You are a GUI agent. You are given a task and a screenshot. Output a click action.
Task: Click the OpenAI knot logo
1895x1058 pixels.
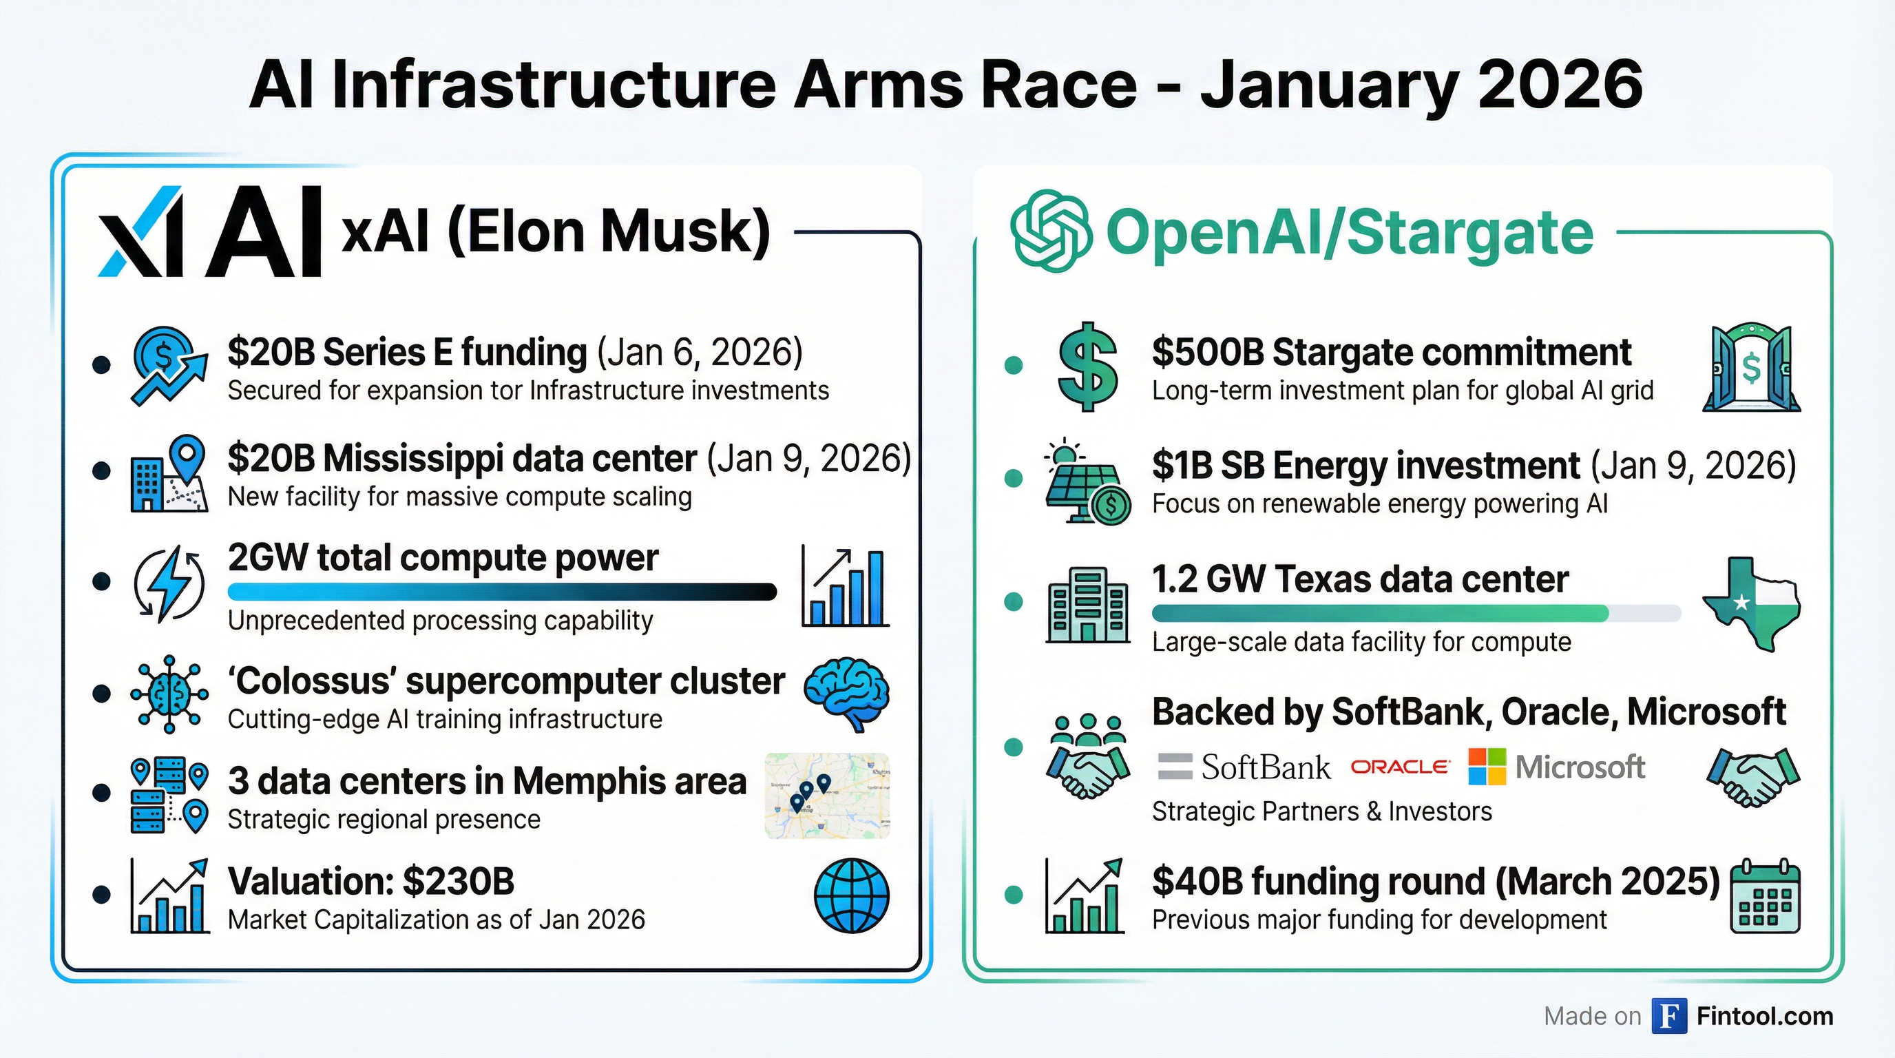(1051, 231)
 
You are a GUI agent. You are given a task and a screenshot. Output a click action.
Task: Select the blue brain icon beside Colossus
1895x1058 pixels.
(847, 693)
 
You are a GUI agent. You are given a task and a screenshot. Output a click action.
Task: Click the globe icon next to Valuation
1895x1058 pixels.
(851, 895)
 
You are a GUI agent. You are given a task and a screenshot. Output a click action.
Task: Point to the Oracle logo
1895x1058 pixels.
(1400, 767)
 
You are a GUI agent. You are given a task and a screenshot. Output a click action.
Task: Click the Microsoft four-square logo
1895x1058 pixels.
(1487, 767)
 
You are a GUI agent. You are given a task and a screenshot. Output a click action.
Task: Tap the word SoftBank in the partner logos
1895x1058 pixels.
(1266, 767)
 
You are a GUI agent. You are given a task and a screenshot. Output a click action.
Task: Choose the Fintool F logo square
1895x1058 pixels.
(1668, 1016)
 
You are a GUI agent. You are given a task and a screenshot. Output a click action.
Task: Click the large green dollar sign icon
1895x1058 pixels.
(1087, 366)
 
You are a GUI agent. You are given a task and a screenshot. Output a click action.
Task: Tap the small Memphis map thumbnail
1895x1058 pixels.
(827, 796)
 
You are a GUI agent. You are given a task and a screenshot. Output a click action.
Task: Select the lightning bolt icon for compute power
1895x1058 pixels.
(169, 583)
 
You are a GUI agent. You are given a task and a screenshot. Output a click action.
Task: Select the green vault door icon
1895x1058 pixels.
(1752, 368)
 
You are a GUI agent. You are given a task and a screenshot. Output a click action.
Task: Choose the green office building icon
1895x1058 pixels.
(1087, 605)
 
